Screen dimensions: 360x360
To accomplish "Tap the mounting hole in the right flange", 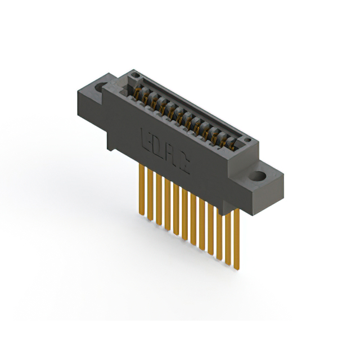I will [258, 175].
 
